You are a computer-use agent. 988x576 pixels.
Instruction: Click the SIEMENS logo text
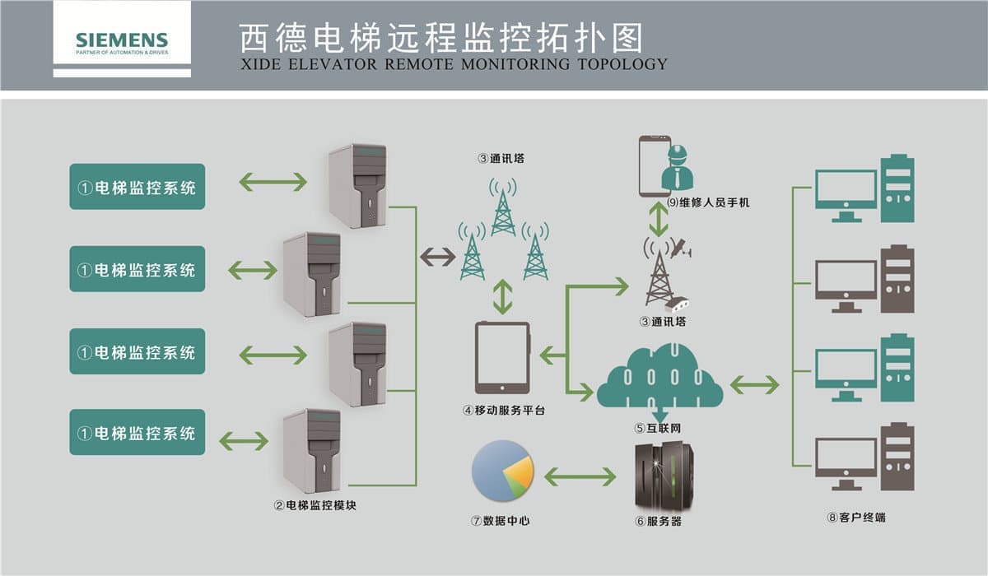click(x=122, y=39)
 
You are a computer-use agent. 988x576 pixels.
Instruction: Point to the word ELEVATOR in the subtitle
click(x=326, y=63)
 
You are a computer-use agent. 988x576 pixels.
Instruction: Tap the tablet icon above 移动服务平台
click(x=502, y=357)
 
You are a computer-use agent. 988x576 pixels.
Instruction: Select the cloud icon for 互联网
click(x=659, y=377)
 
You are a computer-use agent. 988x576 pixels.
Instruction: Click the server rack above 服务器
click(x=664, y=477)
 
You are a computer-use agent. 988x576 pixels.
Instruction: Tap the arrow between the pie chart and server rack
click(x=580, y=476)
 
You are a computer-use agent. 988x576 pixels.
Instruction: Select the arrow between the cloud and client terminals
click(x=754, y=383)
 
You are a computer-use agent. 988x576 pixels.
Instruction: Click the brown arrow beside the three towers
click(x=437, y=257)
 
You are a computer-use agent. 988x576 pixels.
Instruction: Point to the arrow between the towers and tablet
click(x=502, y=297)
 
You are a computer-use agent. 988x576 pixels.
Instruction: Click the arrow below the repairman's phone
click(x=658, y=219)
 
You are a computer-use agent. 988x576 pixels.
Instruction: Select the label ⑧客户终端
click(x=856, y=518)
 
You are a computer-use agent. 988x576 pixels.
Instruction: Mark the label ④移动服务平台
click(x=504, y=409)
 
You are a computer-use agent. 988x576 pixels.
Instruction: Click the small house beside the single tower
click(x=680, y=304)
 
